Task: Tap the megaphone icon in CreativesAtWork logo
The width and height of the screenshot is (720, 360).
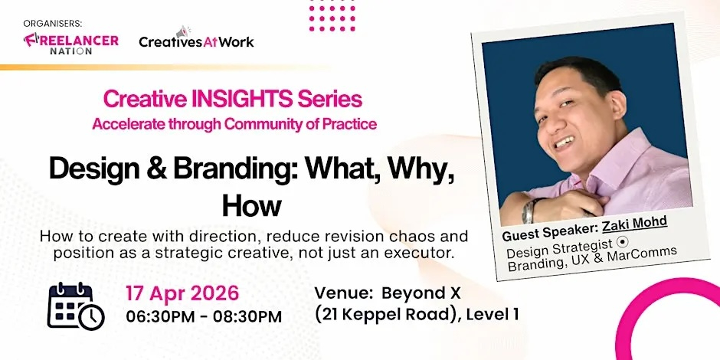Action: pos(183,32)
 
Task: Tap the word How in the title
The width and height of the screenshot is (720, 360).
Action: pos(251,205)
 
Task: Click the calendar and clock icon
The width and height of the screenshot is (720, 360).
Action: pos(76,305)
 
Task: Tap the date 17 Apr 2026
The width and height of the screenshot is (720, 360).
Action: pos(182,293)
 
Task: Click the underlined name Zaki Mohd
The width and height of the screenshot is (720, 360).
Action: pos(634,223)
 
